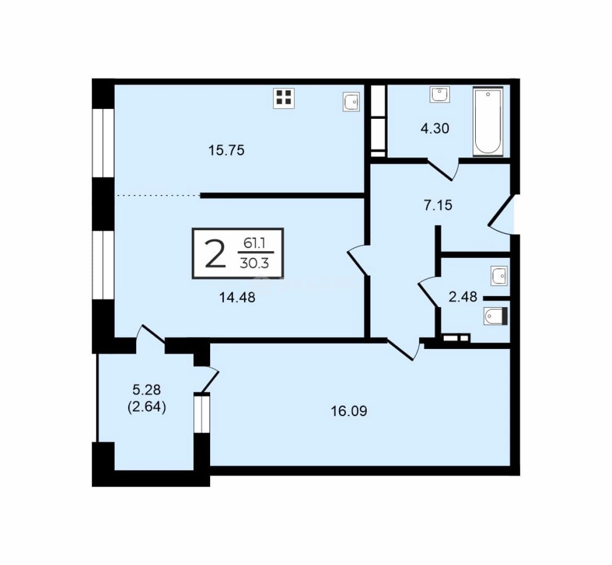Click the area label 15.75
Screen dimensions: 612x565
(x=226, y=150)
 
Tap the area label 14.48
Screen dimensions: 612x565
(x=237, y=298)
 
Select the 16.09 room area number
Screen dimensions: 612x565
(x=349, y=411)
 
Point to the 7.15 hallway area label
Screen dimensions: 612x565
(x=438, y=205)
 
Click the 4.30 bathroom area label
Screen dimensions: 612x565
(x=435, y=128)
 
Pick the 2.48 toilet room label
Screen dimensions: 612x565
(x=463, y=297)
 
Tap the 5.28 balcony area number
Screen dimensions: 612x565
(x=147, y=389)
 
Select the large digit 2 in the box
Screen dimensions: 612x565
(x=215, y=254)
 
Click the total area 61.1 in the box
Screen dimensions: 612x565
(x=255, y=244)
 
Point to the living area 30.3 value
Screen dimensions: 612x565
(x=254, y=264)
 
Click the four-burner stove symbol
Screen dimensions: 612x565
(x=284, y=98)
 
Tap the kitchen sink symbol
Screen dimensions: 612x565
(x=351, y=101)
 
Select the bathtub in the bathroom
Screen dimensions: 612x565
(x=487, y=121)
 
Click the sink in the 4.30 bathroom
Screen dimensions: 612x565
(x=440, y=94)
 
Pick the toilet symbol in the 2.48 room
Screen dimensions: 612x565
(x=495, y=316)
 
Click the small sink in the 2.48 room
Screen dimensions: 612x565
(x=499, y=276)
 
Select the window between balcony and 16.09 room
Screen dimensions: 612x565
(x=202, y=413)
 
